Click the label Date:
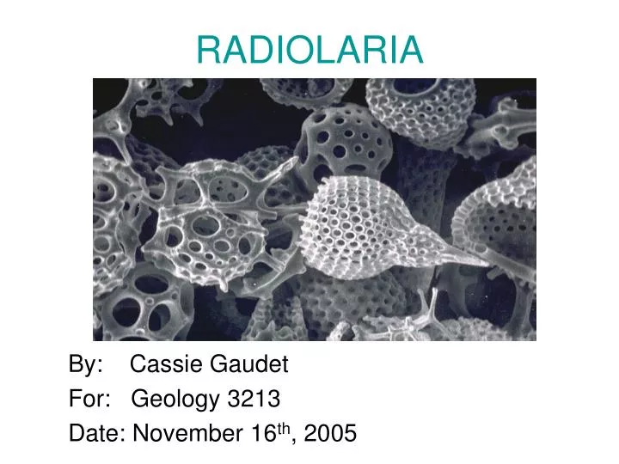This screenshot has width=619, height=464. tap(95, 434)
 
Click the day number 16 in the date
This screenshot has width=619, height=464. tap(263, 434)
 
